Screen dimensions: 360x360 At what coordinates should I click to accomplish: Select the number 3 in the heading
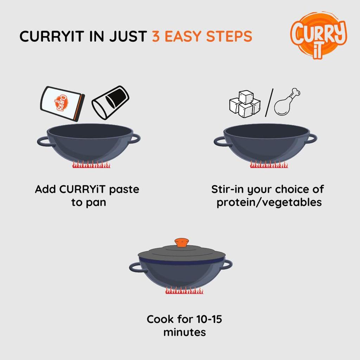[156, 37]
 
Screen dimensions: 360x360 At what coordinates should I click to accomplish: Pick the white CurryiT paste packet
[62, 103]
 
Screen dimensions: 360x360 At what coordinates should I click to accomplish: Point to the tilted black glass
[110, 102]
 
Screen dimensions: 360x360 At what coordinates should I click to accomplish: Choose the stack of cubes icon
[245, 104]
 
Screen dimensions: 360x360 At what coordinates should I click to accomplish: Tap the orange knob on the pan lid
[181, 243]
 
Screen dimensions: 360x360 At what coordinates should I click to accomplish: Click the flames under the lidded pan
[184, 291]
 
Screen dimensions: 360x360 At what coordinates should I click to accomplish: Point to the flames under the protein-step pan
[269, 165]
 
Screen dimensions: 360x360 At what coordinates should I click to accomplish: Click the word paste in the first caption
[124, 189]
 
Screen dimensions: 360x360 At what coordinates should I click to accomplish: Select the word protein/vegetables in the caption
[269, 203]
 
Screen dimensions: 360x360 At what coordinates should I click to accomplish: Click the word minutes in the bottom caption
[184, 332]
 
